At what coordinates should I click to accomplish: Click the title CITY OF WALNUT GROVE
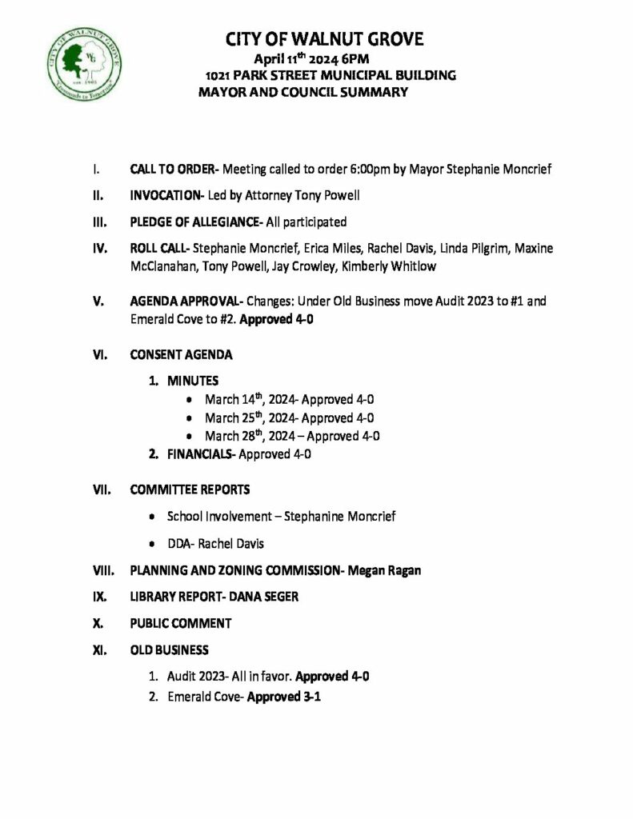click(x=324, y=39)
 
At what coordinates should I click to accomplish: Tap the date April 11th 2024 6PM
click(x=310, y=58)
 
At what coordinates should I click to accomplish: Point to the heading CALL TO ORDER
click(x=172, y=170)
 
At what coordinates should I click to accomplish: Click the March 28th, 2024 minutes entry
click(x=291, y=436)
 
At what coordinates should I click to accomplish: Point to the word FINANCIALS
click(x=200, y=454)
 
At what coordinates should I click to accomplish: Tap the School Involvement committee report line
click(x=281, y=517)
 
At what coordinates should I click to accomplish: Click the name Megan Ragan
click(x=390, y=570)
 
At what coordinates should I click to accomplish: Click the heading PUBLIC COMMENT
click(x=181, y=623)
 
